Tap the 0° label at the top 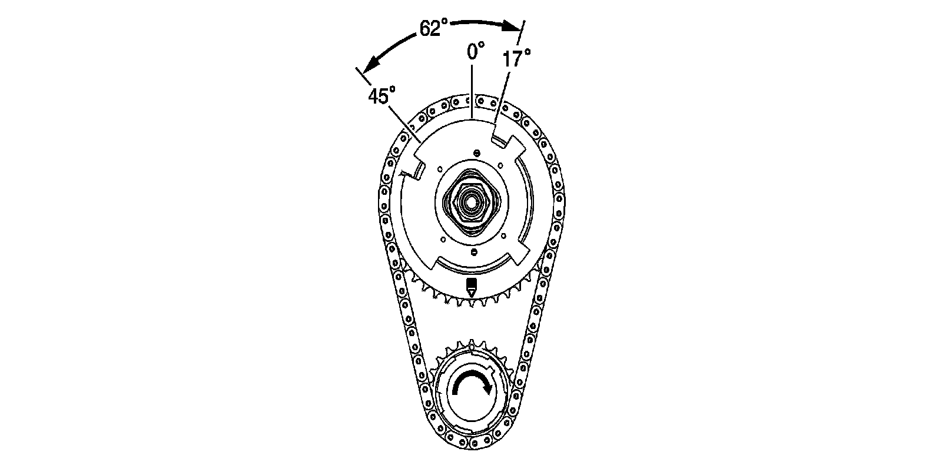(476, 51)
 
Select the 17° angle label (516, 58)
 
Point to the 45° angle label (382, 96)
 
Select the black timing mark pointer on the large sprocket (472, 287)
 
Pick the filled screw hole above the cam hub (476, 153)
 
